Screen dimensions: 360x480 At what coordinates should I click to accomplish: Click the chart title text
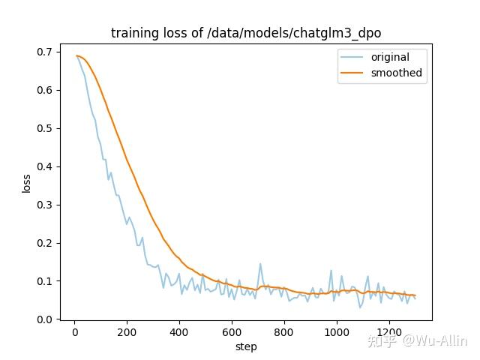[x=251, y=33]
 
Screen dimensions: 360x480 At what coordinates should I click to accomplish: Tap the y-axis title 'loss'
[x=27, y=183]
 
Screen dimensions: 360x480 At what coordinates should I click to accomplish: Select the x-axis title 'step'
[x=246, y=346]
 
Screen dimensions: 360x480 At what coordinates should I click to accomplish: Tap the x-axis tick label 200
[x=127, y=332]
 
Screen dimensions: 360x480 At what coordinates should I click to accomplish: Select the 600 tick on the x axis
[x=232, y=332]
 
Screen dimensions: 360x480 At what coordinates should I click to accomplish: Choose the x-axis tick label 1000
[x=337, y=332]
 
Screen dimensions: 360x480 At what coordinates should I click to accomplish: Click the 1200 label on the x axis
[x=389, y=332]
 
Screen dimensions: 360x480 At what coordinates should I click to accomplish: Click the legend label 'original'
[x=390, y=57]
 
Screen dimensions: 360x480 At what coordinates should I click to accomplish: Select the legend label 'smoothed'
[x=396, y=73]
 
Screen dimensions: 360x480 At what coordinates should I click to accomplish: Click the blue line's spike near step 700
[x=260, y=264]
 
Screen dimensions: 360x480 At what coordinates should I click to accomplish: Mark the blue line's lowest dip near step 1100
[x=360, y=307]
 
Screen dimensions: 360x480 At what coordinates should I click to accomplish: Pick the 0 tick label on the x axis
[x=74, y=332]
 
